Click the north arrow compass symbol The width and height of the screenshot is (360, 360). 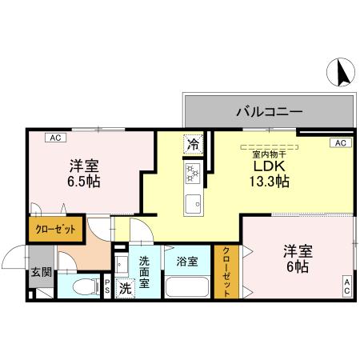341,73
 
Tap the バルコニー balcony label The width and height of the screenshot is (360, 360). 268,111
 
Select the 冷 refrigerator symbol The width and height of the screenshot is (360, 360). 193,145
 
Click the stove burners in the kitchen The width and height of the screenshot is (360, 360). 192,172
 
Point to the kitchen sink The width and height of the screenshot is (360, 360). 193,203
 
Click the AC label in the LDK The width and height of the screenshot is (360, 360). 339,143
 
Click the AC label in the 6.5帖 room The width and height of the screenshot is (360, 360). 56,138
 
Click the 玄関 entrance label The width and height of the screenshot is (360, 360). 40,273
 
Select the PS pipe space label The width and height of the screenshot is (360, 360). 108,286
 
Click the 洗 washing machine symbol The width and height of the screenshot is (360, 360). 126,288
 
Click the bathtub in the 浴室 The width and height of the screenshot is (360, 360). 187,286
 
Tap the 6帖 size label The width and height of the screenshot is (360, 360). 296,267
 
